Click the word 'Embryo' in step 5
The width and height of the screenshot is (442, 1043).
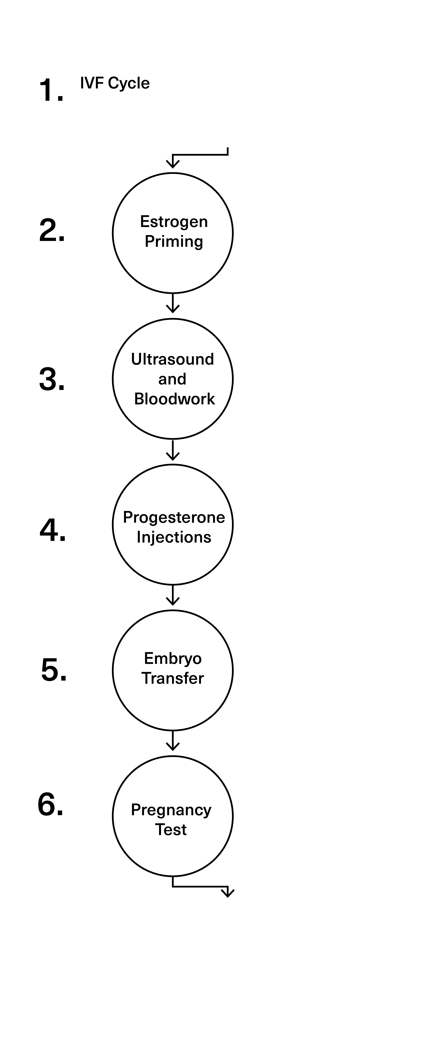coord(182,670)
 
